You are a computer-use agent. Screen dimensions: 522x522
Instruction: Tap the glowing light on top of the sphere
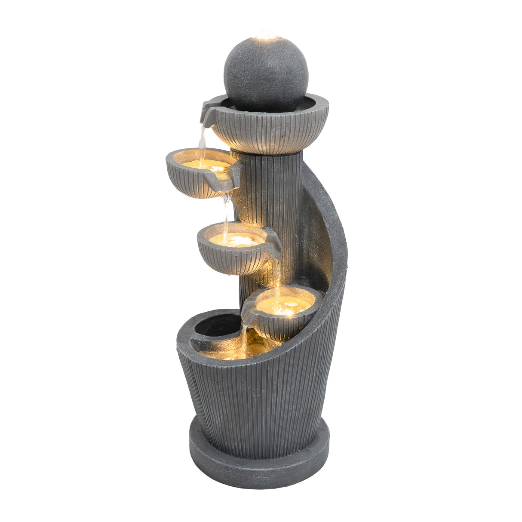[x=267, y=35]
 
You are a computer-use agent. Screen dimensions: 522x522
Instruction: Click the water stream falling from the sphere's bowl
[x=202, y=140]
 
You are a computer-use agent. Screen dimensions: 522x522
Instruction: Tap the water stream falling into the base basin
[x=244, y=338]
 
